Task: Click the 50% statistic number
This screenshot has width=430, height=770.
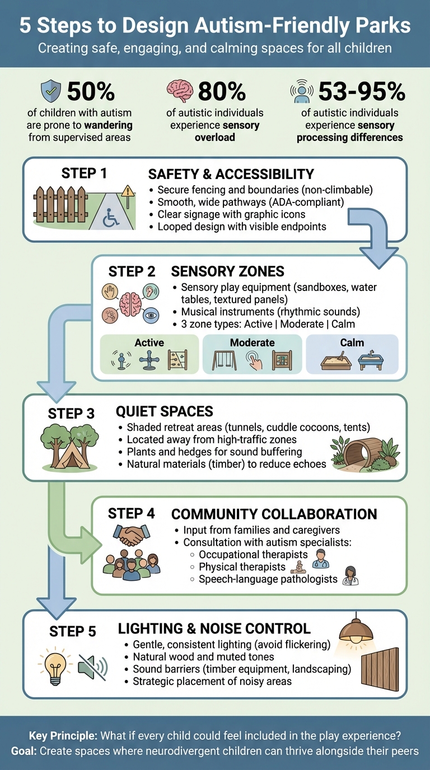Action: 91,91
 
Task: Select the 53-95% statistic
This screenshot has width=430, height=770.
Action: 361,91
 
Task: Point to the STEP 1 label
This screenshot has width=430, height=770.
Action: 83,173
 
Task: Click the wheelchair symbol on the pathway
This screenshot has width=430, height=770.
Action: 111,219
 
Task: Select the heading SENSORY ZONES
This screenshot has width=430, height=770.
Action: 227,272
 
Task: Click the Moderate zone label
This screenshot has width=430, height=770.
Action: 252,342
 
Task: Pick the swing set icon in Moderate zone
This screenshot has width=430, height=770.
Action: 223,361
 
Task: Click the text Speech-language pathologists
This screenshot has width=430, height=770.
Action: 268,579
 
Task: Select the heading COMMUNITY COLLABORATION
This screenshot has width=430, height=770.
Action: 274,514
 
